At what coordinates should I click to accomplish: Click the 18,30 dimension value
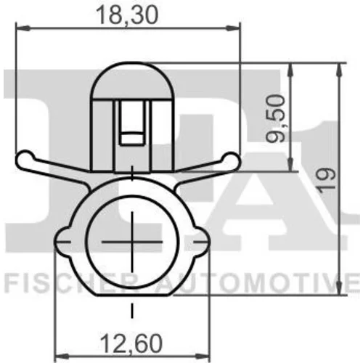point(127,15)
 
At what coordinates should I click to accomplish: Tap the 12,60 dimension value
point(131,343)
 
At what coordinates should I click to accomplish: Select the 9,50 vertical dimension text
point(275,118)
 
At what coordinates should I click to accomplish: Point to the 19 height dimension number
point(327,181)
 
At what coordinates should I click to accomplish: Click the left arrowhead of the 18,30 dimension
point(23,28)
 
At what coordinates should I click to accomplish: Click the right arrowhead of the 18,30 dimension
point(233,28)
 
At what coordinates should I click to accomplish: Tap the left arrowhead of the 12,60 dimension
point(62,356)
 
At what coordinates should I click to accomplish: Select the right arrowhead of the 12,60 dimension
point(203,356)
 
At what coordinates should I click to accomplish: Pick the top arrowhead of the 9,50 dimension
point(291,70)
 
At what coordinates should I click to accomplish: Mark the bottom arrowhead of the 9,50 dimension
point(291,164)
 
